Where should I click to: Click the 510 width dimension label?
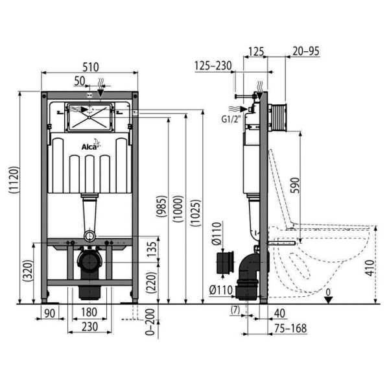(x=91, y=67)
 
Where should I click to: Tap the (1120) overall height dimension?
(x=14, y=180)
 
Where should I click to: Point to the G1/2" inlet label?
(x=231, y=119)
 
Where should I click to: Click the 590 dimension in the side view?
(x=295, y=185)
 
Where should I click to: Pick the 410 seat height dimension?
(x=370, y=268)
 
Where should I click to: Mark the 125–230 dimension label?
(x=213, y=65)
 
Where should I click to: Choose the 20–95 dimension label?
(x=306, y=51)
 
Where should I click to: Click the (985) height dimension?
(x=162, y=207)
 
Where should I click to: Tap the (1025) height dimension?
(x=196, y=213)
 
